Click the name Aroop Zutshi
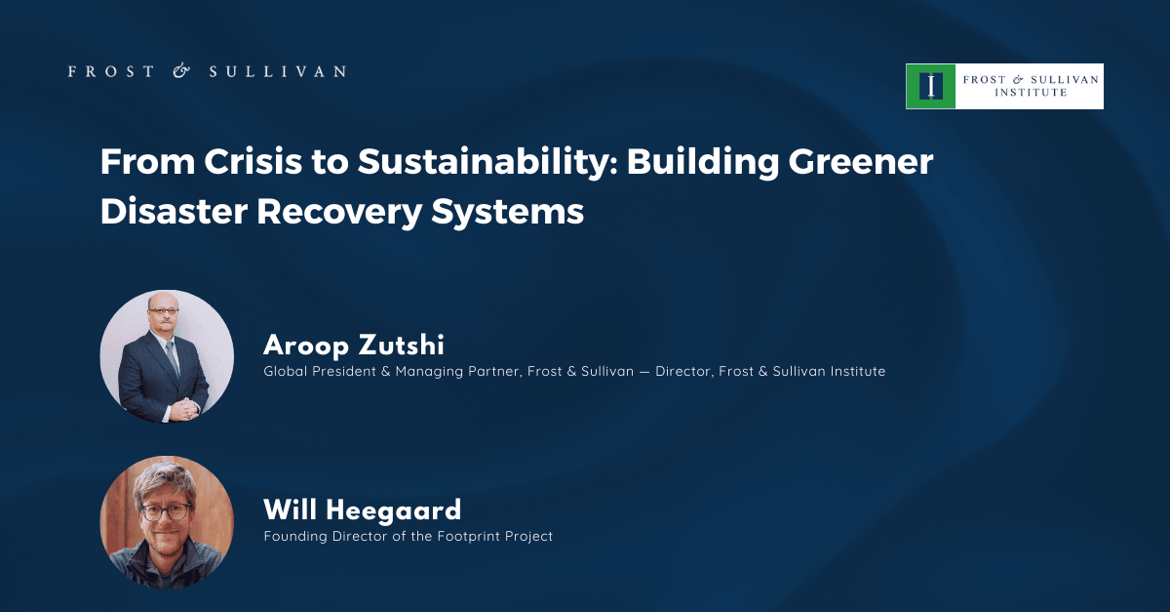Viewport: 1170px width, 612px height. [x=354, y=346]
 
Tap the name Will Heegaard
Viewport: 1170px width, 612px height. [x=363, y=510]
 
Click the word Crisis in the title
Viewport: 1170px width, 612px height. [x=253, y=161]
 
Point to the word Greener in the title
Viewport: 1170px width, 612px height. [x=861, y=162]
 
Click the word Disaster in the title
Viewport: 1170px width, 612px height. [x=174, y=212]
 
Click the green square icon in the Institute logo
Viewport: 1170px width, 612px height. [x=931, y=86]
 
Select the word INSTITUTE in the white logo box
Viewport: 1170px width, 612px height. [x=1031, y=93]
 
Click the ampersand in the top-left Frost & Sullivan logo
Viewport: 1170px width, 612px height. [x=181, y=70]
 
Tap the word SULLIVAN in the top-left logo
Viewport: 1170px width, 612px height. [x=277, y=71]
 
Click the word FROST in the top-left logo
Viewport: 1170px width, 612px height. [x=111, y=71]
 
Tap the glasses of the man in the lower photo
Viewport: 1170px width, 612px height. [x=165, y=511]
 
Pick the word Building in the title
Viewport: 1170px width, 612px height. [x=703, y=163]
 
